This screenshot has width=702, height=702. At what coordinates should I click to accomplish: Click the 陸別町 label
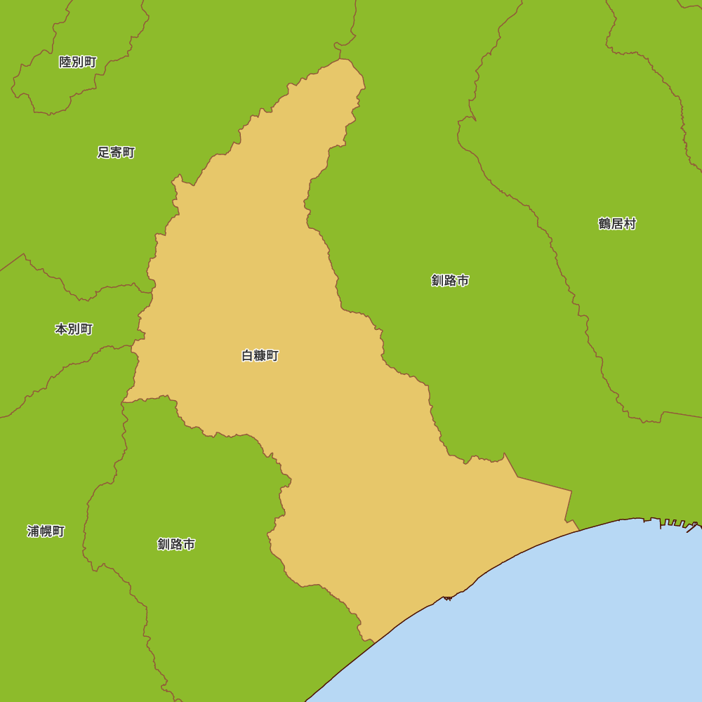tap(78, 62)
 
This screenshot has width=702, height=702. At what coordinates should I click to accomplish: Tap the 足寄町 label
tap(116, 152)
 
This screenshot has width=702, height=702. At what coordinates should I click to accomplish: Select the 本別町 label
tap(74, 329)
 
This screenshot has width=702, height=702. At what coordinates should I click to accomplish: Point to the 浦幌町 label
tap(46, 531)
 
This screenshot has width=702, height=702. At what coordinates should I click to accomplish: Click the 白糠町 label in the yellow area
tap(260, 356)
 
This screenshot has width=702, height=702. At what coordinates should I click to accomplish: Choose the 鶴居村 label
tap(617, 224)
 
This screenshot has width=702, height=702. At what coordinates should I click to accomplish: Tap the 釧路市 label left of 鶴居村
tap(450, 281)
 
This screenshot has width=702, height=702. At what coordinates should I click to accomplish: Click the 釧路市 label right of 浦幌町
tap(176, 544)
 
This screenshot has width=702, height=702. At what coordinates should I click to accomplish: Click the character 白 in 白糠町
tap(247, 356)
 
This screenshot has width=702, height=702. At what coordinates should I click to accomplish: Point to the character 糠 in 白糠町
tap(260, 356)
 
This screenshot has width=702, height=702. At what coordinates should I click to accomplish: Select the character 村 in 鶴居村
tap(630, 224)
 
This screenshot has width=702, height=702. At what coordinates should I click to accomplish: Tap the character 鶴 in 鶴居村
tap(604, 224)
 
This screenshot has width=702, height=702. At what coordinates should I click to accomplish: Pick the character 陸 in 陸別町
tap(65, 62)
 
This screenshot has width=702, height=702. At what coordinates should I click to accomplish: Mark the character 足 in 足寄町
tap(103, 152)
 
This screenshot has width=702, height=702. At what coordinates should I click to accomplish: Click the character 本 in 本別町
tap(61, 329)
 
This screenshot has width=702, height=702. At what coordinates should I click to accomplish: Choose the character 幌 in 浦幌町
tap(46, 531)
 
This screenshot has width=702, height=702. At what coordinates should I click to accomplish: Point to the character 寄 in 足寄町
tap(116, 152)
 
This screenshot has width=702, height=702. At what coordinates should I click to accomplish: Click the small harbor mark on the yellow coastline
tap(447, 597)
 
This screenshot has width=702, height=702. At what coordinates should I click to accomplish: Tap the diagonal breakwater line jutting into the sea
tap(692, 527)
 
